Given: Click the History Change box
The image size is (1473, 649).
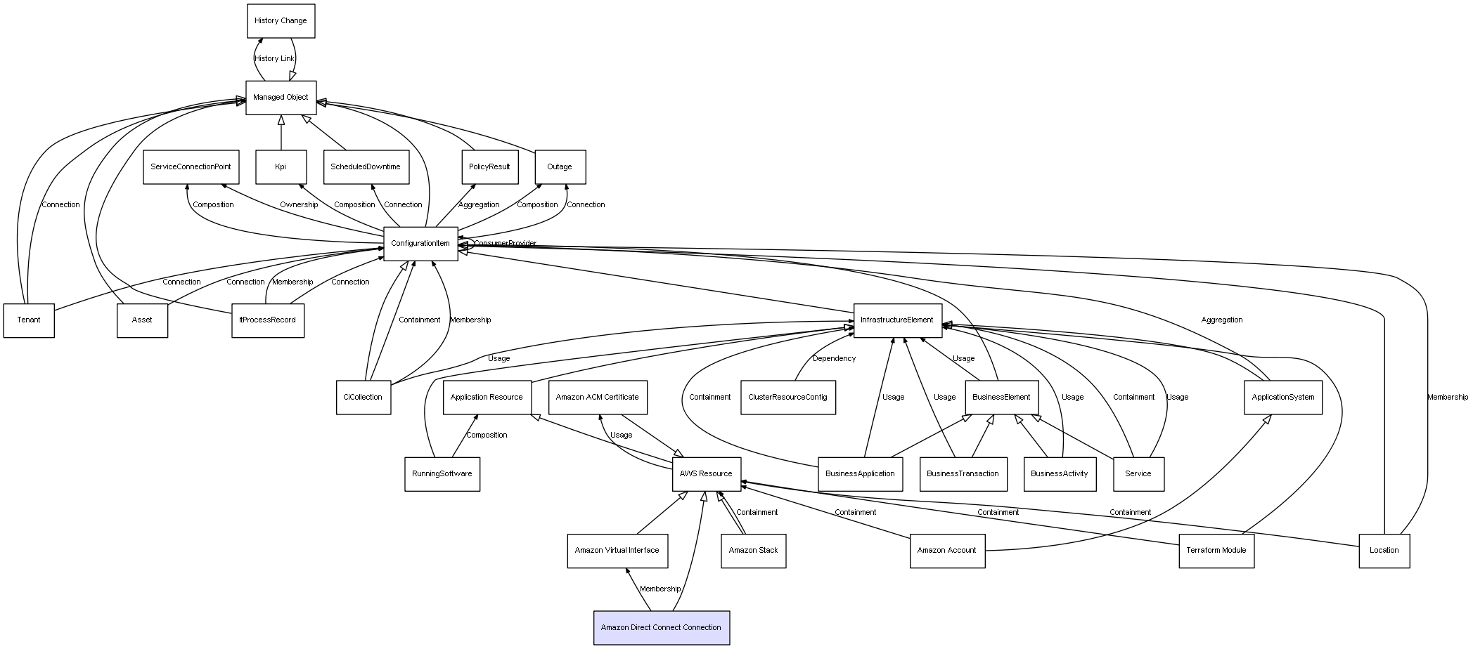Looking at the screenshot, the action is (x=281, y=21).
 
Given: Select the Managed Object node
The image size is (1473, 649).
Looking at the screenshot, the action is (x=281, y=98).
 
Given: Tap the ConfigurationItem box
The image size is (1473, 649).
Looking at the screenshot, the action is (x=420, y=244).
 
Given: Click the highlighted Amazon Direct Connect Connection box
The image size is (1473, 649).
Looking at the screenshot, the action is (x=661, y=628).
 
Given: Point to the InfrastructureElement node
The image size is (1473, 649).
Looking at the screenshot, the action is (x=897, y=320).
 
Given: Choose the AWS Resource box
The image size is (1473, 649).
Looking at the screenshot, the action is (x=706, y=474).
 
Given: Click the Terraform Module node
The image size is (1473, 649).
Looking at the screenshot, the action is (x=1216, y=551).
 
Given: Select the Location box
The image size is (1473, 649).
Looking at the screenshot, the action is (x=1384, y=551).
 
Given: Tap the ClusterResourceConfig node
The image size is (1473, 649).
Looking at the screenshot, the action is (x=787, y=398).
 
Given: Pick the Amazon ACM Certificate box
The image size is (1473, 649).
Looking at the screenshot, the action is (x=598, y=398).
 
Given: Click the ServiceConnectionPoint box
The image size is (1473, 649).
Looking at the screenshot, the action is (x=191, y=167).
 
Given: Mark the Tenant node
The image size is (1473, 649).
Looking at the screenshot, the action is (x=29, y=320).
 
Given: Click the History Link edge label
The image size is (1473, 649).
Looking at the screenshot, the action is (x=275, y=59).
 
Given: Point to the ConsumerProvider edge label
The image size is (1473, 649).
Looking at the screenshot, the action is (x=505, y=244).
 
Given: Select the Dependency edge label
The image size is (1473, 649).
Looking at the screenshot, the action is (x=835, y=359).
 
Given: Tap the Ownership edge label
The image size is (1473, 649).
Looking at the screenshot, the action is (x=299, y=205).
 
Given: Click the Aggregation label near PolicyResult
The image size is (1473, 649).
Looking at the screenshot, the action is (x=479, y=205).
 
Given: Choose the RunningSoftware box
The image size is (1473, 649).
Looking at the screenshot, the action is (x=442, y=474).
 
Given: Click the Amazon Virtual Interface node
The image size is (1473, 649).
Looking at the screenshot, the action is (x=617, y=551).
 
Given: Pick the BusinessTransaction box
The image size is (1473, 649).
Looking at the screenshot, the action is (x=963, y=474).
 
